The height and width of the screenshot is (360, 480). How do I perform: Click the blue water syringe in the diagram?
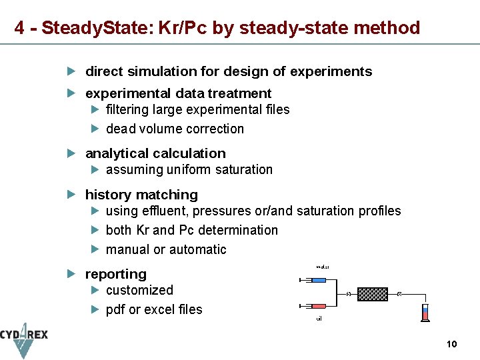coord(318,281)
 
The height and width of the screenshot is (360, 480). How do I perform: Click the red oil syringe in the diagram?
coord(318,306)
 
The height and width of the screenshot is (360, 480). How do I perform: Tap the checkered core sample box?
coord(372,294)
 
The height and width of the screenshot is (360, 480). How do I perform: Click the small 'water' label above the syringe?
coord(322,267)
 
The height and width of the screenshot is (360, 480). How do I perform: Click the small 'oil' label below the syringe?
coord(319,319)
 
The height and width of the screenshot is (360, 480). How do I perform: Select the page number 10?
coord(451,344)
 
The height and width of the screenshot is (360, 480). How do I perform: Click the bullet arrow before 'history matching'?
coord(73,195)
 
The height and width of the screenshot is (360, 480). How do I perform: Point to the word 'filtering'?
coord(127,109)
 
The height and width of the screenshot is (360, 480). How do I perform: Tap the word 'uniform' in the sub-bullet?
coord(189,169)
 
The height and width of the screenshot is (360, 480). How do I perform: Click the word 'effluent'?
coord(163,211)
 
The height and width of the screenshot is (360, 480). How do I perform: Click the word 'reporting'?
coord(116,274)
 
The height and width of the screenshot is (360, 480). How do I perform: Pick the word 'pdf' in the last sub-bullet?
coord(115,309)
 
